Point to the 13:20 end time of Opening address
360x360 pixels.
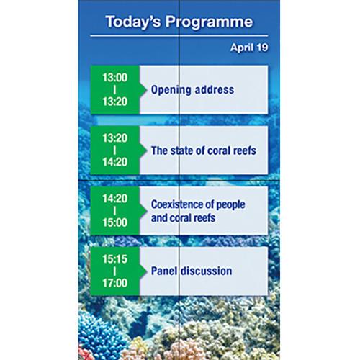tap(115, 102)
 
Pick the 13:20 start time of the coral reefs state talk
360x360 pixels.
tap(115, 137)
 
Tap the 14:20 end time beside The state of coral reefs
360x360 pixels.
tap(115, 162)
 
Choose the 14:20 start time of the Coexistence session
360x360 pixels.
tap(115, 197)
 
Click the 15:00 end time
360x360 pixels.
tap(115, 222)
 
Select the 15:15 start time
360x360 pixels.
tap(115, 258)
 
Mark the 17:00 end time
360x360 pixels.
tap(115, 284)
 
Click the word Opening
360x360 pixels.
tap(169, 90)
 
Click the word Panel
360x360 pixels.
tap(164, 271)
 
